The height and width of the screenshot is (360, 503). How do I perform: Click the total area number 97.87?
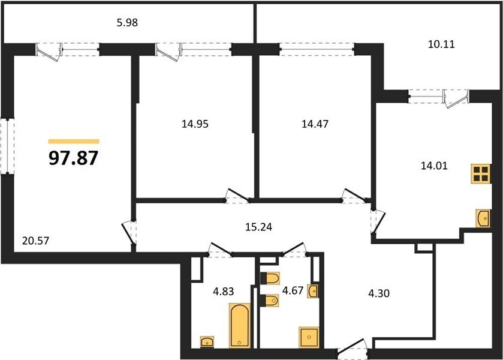pyautogui.click(x=74, y=158)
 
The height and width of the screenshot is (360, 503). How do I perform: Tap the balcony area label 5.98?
pyautogui.click(x=127, y=23)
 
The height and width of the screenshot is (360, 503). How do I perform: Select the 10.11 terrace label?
pyautogui.click(x=441, y=44)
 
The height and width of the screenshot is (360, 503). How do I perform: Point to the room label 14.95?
pyautogui.click(x=195, y=124)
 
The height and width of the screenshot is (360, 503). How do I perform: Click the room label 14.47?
pyautogui.click(x=315, y=124)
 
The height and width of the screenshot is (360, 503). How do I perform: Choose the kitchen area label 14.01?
pyautogui.click(x=434, y=166)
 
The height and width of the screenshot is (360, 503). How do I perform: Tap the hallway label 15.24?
pyautogui.click(x=258, y=227)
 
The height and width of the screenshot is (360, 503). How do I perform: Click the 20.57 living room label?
pyautogui.click(x=35, y=241)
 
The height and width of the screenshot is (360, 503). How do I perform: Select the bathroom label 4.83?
pyautogui.click(x=224, y=292)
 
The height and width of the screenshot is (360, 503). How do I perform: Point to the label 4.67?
pyautogui.click(x=293, y=290)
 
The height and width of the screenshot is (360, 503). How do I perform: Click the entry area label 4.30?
pyautogui.click(x=379, y=293)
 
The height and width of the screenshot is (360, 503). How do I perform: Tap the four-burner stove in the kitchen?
pyautogui.click(x=481, y=174)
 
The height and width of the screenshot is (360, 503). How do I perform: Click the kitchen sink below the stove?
pyautogui.click(x=483, y=218)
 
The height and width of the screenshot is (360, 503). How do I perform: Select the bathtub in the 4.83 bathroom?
pyautogui.click(x=240, y=325)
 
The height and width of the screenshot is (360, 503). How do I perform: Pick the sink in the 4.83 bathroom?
pyautogui.click(x=207, y=341)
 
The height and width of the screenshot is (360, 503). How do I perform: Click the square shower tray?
pyautogui.click(x=309, y=337)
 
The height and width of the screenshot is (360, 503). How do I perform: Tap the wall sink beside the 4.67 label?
pyautogui.click(x=313, y=291)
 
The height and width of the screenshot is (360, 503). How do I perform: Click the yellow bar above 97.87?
pyautogui.click(x=74, y=142)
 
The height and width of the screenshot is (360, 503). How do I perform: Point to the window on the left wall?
pyautogui.click(x=7, y=146)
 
